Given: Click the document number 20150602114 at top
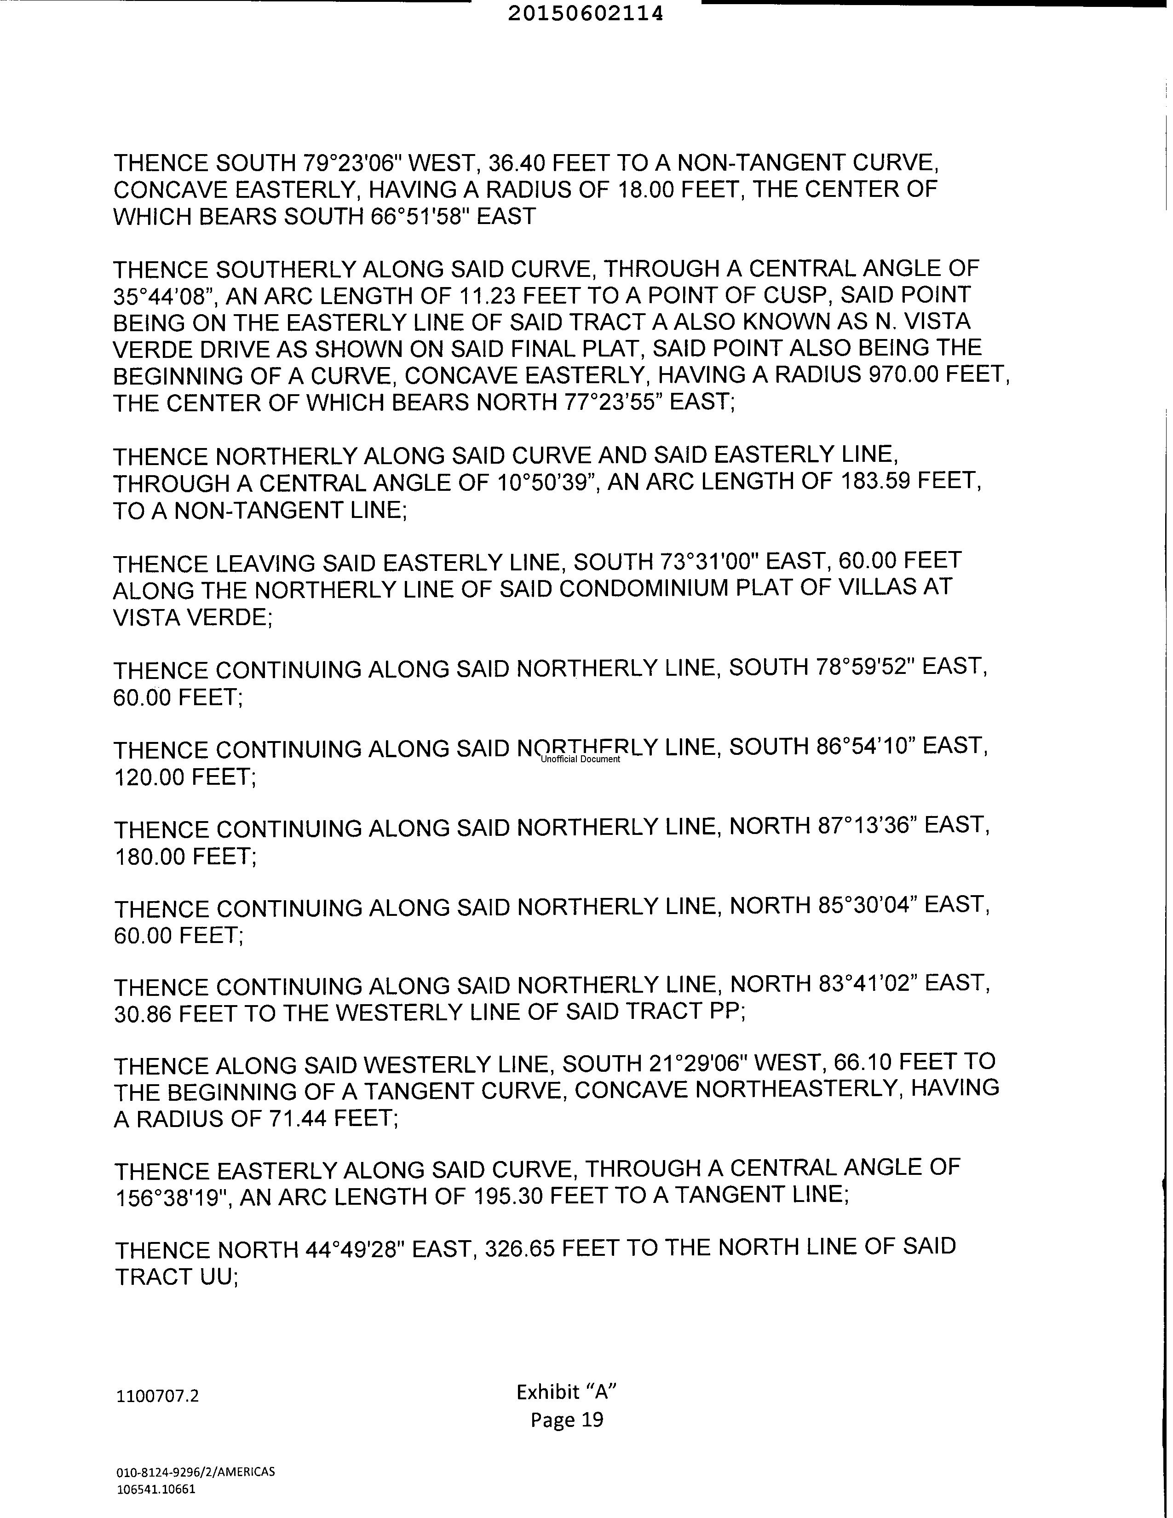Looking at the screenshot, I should point(585,14).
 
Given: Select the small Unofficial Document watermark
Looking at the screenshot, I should point(580,759).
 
